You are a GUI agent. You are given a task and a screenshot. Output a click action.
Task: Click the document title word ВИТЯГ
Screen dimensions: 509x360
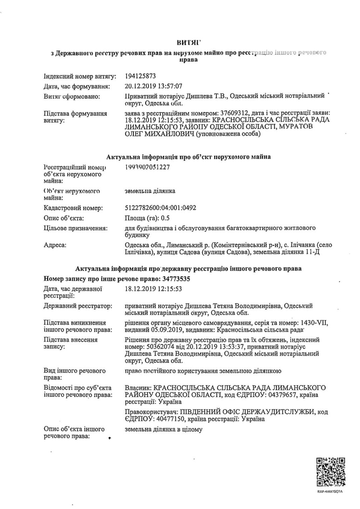[x=188, y=42]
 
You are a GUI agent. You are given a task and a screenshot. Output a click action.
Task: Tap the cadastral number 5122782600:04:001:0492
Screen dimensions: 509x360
[x=160, y=208]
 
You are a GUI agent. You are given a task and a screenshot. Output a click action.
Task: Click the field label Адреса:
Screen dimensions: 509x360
[x=55, y=245]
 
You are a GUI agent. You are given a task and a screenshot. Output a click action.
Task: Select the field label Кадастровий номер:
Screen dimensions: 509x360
[x=73, y=208]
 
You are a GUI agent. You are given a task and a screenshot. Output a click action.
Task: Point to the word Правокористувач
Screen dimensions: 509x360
[x=150, y=412]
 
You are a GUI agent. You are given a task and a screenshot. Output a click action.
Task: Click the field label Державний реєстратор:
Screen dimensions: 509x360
[x=78, y=306]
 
